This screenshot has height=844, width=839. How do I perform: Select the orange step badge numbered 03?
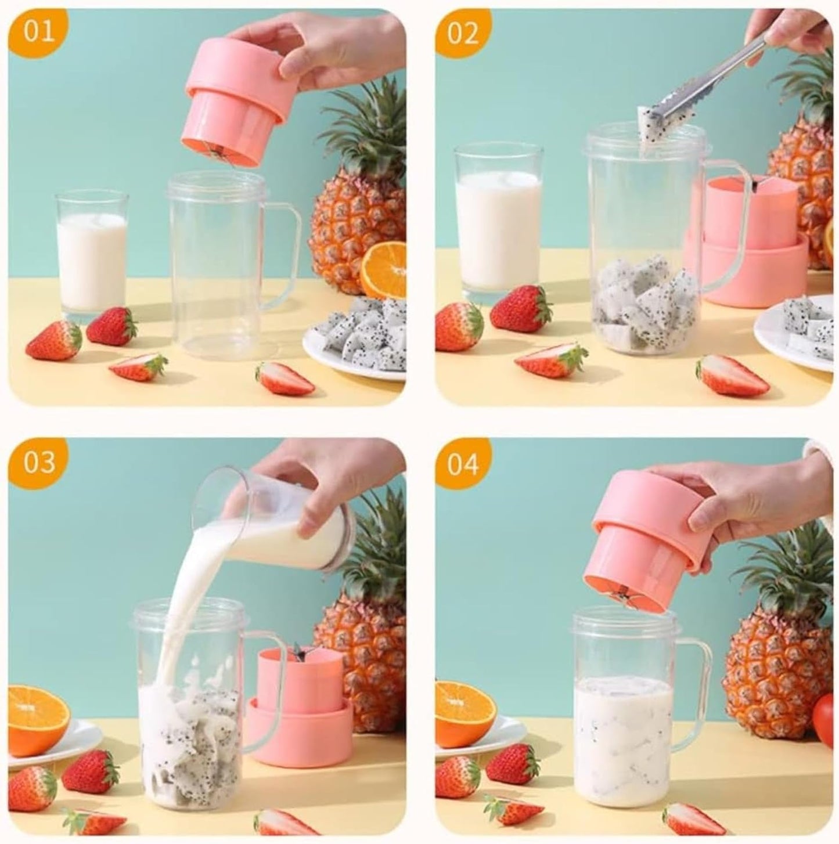pos(39,461)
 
